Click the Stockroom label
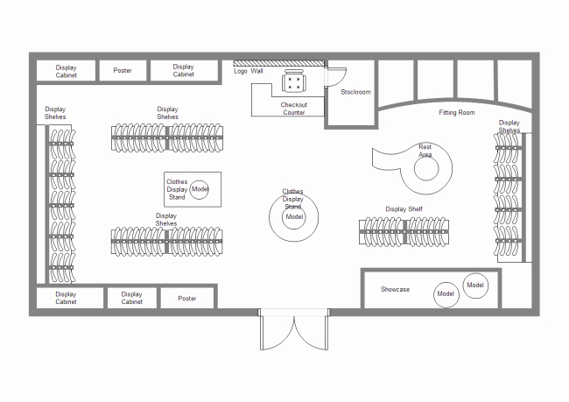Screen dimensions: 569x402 click(355, 92)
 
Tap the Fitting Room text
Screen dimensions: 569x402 click(456, 113)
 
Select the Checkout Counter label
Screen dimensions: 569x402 click(293, 109)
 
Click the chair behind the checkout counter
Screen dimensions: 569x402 click(293, 81)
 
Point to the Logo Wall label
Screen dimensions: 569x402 click(249, 71)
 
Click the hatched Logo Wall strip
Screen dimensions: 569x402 click(278, 63)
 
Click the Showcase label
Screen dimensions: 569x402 click(395, 289)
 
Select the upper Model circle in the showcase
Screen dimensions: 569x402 click(475, 286)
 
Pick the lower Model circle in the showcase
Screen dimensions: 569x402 click(446, 294)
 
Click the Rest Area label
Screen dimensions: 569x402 click(425, 151)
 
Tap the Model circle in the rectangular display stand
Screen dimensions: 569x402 click(200, 189)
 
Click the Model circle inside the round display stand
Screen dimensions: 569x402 click(294, 217)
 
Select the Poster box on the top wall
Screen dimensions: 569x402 click(123, 70)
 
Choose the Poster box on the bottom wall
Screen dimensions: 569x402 click(187, 298)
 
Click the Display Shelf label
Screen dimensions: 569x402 click(404, 209)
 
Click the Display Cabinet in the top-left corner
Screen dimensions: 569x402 click(66, 71)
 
